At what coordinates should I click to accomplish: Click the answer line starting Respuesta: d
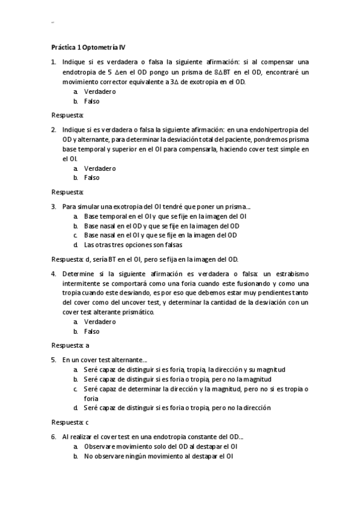click(x=145, y=259)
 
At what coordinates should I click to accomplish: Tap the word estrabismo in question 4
click(x=291, y=274)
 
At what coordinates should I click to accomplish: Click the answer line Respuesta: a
click(x=70, y=345)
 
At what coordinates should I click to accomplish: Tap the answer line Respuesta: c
click(x=70, y=422)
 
